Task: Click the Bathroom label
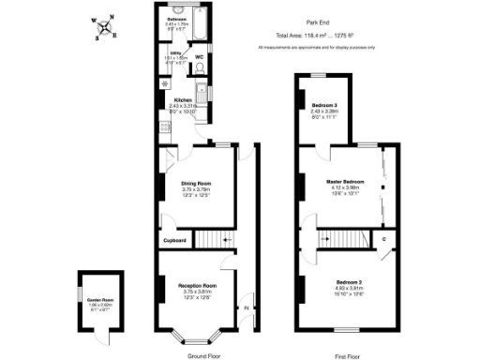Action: (x=176, y=19)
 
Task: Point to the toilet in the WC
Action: (x=199, y=67)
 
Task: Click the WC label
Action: (x=199, y=56)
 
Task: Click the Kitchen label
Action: (x=182, y=100)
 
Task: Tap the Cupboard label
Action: (x=175, y=241)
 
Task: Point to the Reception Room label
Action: (x=198, y=285)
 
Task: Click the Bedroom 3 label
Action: (x=326, y=104)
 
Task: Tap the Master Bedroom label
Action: (x=345, y=180)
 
